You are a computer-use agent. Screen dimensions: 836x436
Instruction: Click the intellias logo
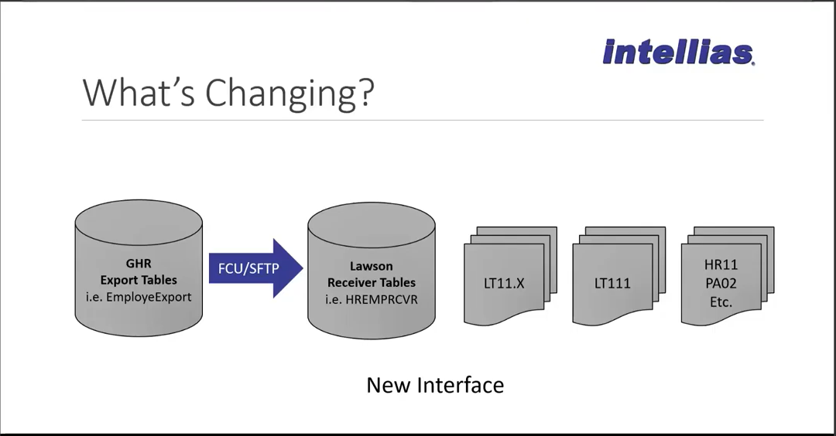point(679,52)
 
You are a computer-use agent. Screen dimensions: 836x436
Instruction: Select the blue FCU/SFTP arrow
point(256,268)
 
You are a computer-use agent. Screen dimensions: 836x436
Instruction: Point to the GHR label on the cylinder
point(139,264)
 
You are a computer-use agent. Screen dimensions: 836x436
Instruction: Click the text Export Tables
point(139,280)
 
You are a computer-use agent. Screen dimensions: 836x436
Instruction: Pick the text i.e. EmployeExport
point(139,297)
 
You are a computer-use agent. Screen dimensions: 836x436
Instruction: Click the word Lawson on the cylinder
point(371,266)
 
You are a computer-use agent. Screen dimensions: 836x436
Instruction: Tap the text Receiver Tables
point(371,283)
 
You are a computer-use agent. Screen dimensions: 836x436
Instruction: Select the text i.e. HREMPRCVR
point(372,300)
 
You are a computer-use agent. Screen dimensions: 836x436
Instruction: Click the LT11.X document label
point(504,283)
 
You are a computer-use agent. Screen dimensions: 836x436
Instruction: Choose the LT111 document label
point(612,283)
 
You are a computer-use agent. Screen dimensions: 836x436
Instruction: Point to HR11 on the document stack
point(721,264)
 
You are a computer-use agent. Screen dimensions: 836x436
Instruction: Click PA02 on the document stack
point(721,283)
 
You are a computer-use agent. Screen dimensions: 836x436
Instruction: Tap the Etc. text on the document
point(721,302)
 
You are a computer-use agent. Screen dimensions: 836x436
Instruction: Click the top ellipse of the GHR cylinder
point(139,223)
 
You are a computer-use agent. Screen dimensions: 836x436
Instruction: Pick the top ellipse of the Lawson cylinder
point(372,225)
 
